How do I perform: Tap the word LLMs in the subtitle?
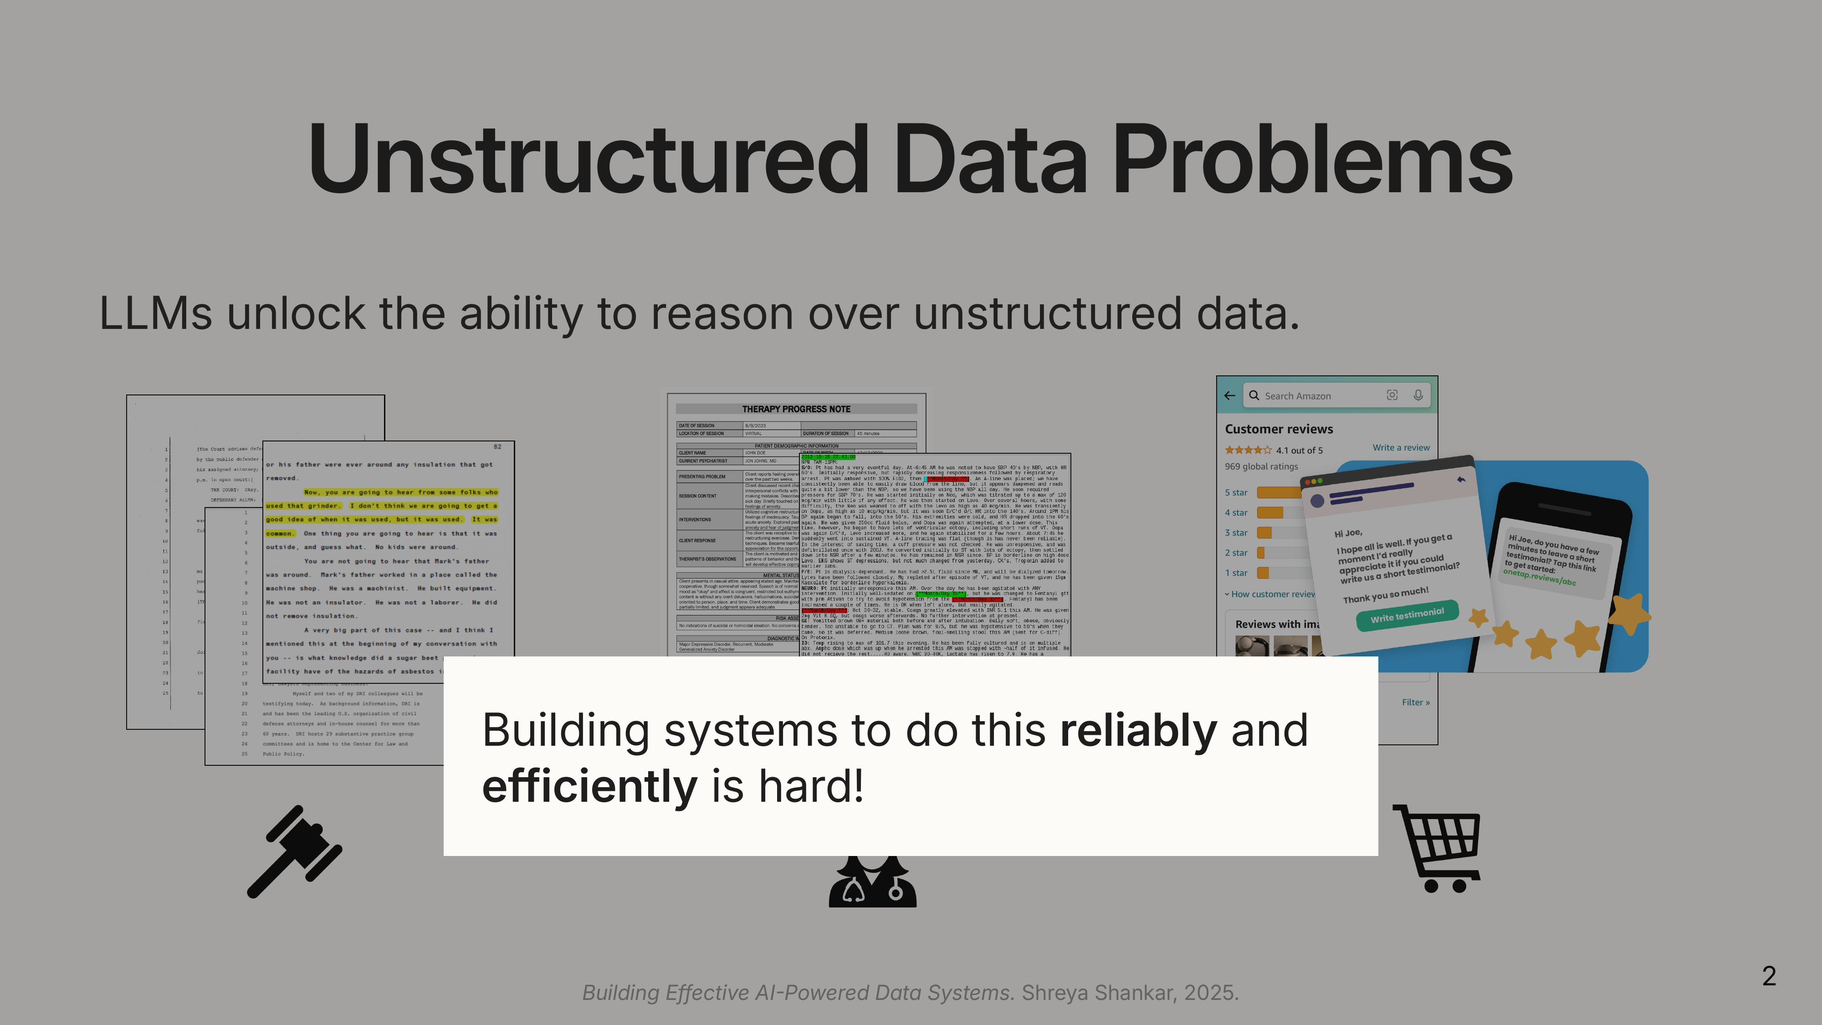pyautogui.click(x=156, y=313)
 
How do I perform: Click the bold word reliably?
pyautogui.click(x=1138, y=731)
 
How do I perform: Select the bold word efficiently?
pyautogui.click(x=589, y=787)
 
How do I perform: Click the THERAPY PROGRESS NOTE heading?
pyautogui.click(x=796, y=409)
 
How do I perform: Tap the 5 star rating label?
pyautogui.click(x=1236, y=492)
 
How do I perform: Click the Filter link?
pyautogui.click(x=1415, y=702)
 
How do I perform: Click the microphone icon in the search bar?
pyautogui.click(x=1418, y=395)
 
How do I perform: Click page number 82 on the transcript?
pyautogui.click(x=497, y=447)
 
